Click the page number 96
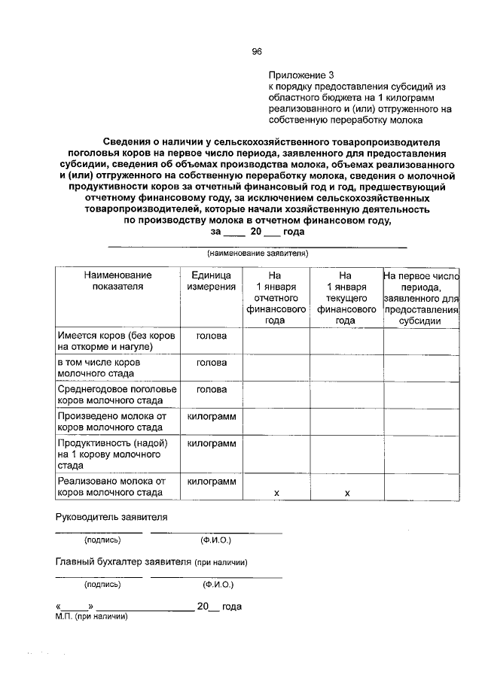coord(256,51)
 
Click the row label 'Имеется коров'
coord(116,341)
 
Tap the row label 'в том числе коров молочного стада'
coord(109,368)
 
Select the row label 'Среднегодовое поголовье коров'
coord(117,395)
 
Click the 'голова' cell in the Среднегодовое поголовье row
coord(212,390)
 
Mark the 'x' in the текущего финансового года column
coord(346,493)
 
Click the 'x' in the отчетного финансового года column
coord(276,493)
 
